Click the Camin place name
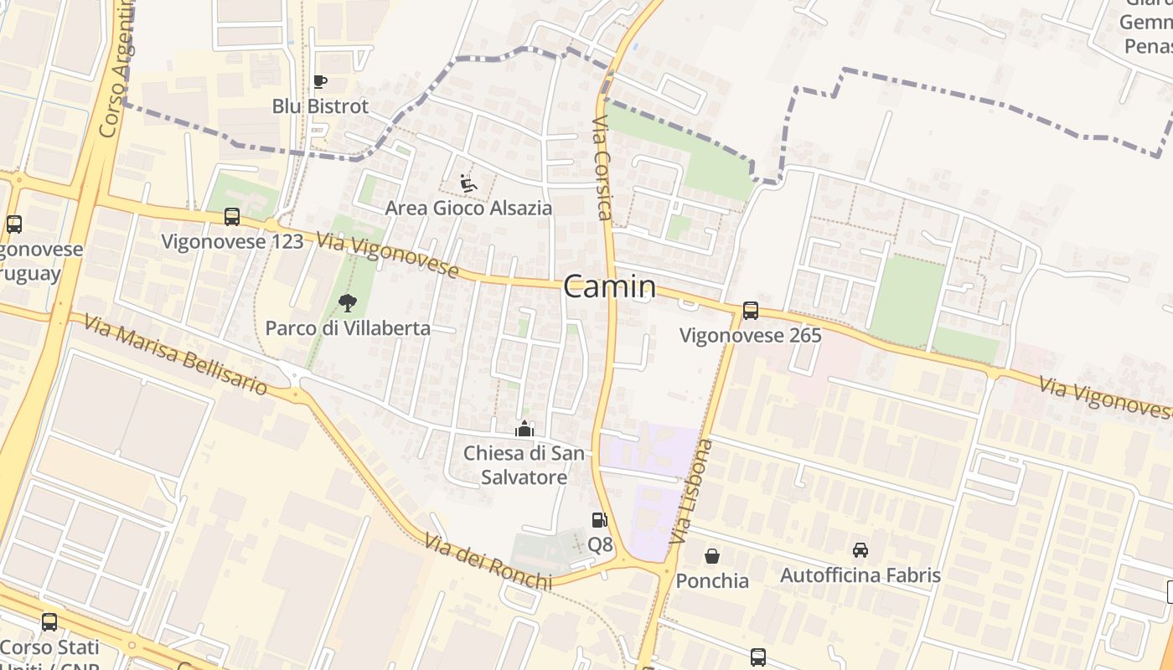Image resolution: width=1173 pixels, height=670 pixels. coord(609,287)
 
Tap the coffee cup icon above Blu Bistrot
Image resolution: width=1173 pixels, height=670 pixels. coord(319,81)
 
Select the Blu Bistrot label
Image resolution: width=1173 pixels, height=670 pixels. coord(320,106)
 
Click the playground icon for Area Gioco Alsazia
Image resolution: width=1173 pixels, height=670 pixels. coord(468,183)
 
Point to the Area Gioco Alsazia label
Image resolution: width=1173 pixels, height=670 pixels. coord(468,208)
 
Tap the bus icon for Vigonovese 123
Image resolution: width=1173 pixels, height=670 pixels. coord(232,217)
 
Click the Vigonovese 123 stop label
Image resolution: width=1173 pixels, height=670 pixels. coord(232,242)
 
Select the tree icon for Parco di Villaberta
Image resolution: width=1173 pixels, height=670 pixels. coord(347,303)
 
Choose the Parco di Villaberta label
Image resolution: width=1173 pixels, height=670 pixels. coord(348,328)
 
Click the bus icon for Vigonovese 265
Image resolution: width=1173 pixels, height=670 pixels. coord(750,311)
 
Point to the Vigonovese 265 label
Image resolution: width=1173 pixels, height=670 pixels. coord(750,336)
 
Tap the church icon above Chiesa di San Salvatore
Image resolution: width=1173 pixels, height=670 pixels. coord(524,430)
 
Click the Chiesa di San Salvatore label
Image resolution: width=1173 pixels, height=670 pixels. coord(516,466)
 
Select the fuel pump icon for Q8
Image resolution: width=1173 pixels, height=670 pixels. coord(599,520)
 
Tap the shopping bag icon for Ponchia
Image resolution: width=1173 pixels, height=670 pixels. coord(712,556)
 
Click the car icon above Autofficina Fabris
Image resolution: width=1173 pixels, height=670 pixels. coord(860,550)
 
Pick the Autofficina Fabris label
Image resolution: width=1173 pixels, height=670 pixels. coord(860,575)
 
